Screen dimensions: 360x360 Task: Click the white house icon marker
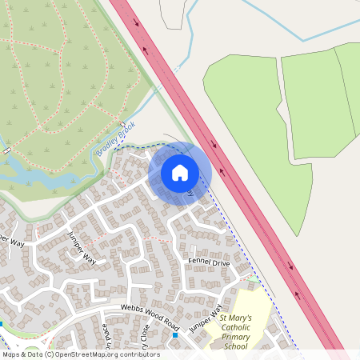[x=179, y=172]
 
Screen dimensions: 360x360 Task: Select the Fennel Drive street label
[x=209, y=262]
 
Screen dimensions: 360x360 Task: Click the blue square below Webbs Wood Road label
[x=175, y=334]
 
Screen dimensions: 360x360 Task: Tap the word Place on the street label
[x=106, y=339]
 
